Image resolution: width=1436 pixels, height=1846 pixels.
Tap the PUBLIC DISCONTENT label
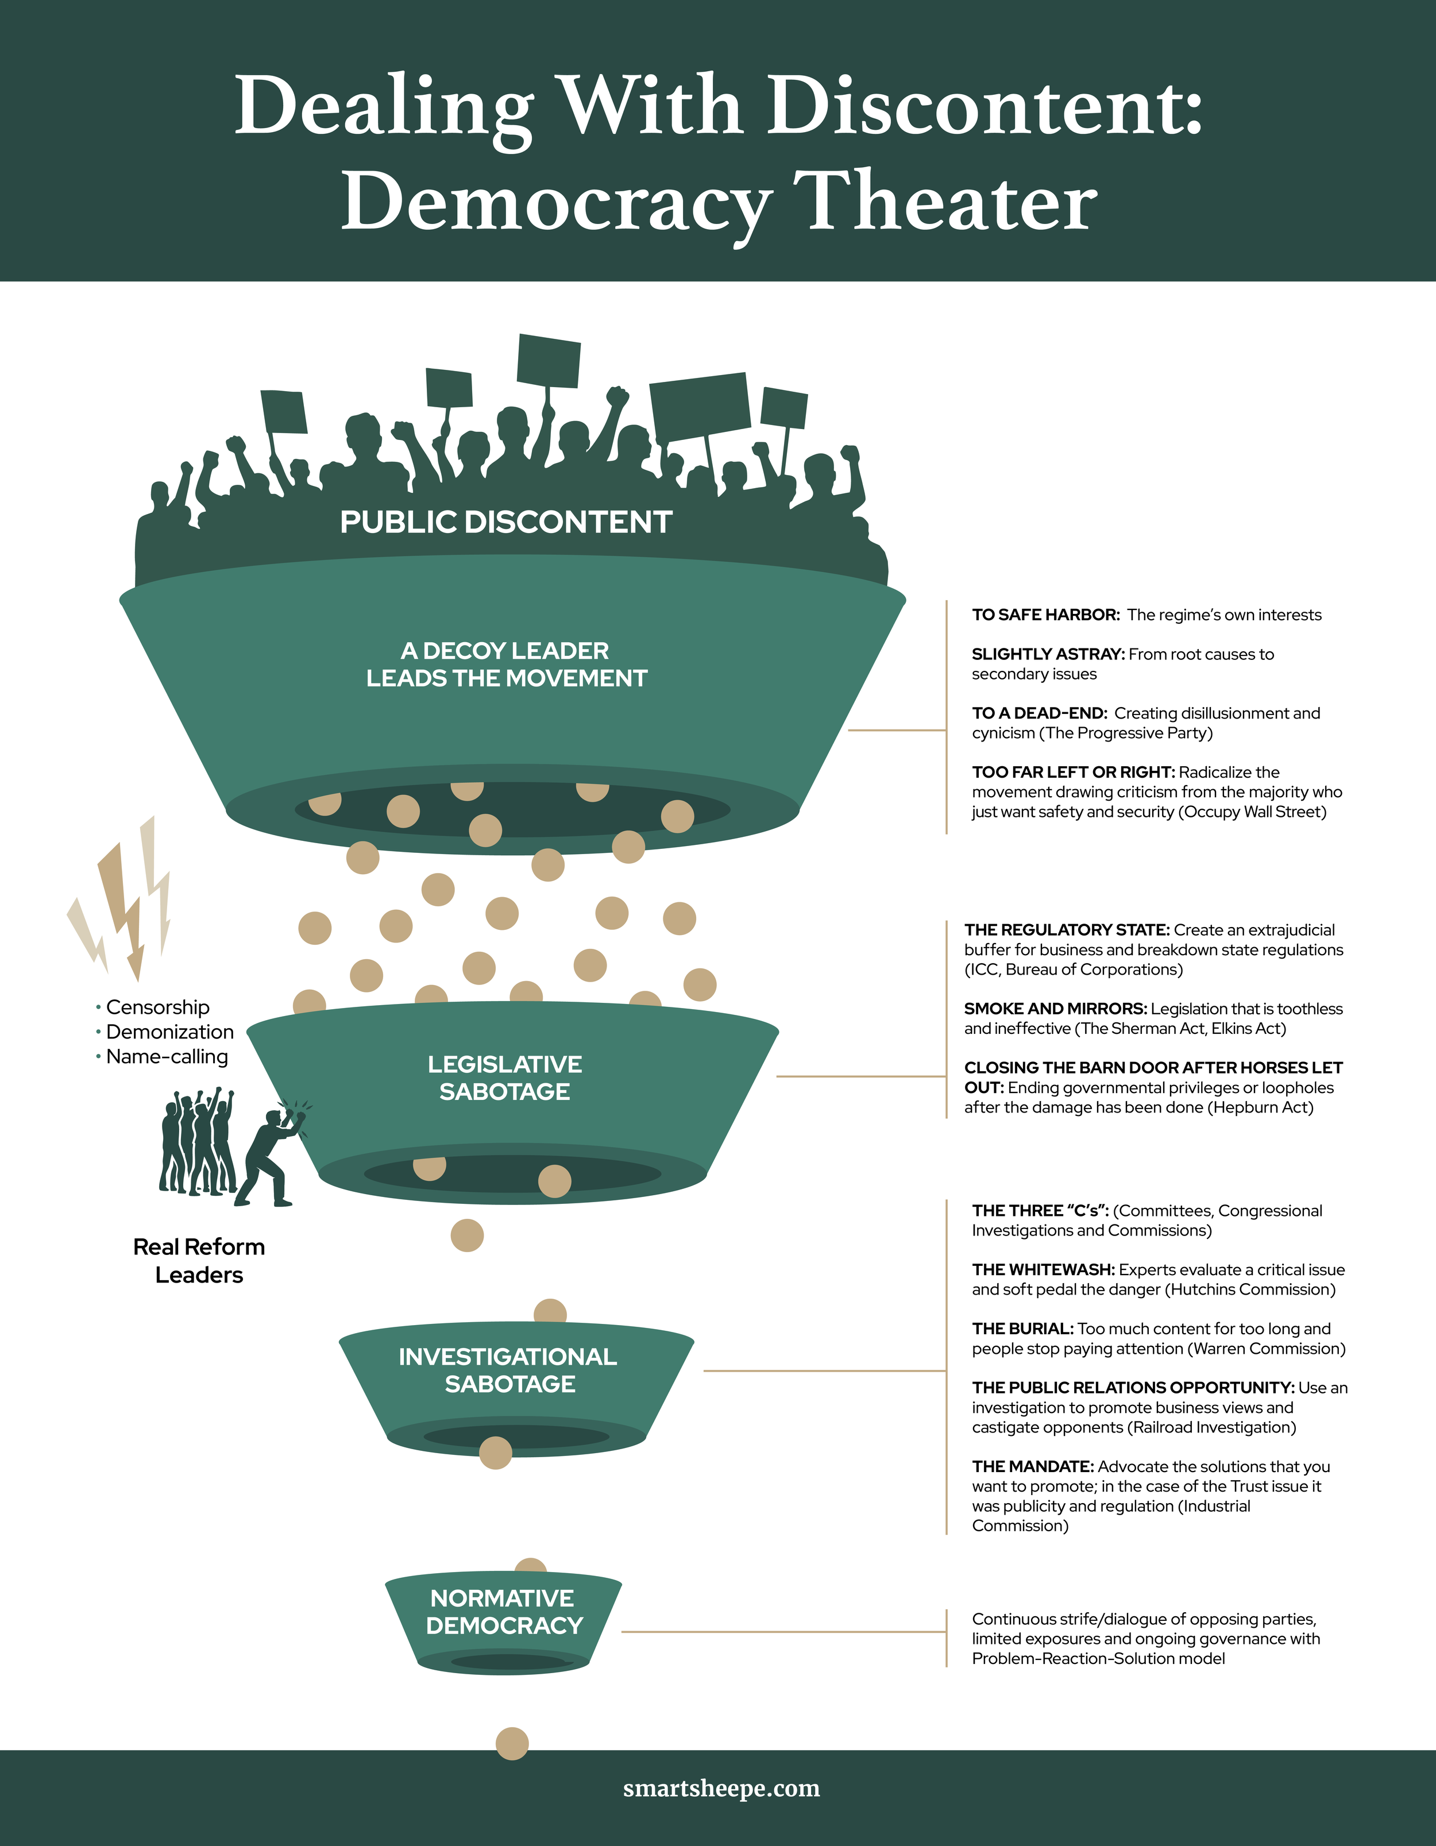tap(505, 522)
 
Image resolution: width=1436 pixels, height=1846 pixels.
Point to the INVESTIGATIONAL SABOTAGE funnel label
tap(508, 1370)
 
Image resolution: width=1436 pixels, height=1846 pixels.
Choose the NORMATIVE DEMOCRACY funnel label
tap(504, 1612)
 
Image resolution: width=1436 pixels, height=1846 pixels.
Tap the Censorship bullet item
tap(157, 1007)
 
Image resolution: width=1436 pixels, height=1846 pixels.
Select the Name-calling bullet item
tap(167, 1057)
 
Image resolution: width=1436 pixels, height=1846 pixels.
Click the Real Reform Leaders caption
tap(199, 1260)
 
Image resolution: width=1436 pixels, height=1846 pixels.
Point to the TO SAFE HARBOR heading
tap(1045, 615)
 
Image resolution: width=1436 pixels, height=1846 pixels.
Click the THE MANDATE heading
tap(1033, 1466)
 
